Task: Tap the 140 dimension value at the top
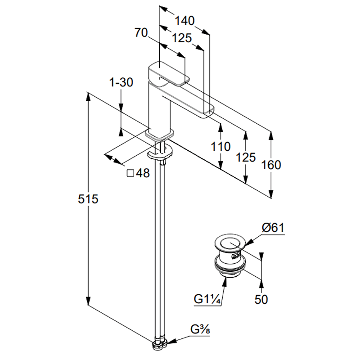click(184, 21)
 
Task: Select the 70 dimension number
click(142, 32)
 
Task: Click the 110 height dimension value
click(220, 146)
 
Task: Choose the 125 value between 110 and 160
click(246, 157)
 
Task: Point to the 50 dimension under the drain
click(261, 299)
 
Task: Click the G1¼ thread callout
click(207, 299)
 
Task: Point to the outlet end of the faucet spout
click(207, 112)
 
